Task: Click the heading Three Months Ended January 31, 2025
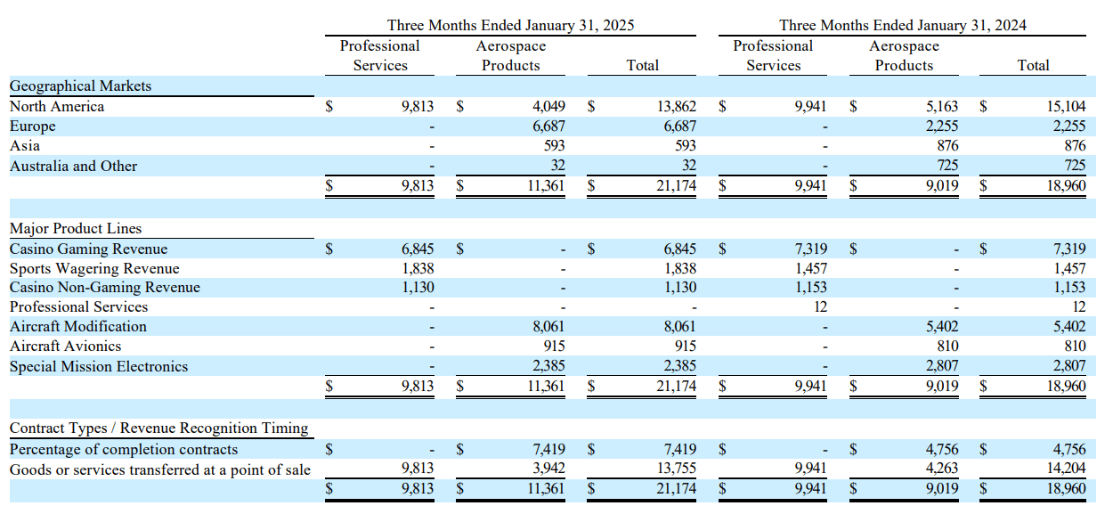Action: pos(510,25)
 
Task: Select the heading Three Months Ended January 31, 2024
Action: pos(902,25)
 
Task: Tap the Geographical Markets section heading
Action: pos(80,86)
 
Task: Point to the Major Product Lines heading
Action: pos(76,229)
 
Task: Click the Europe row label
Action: pos(32,126)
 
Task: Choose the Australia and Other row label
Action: pos(73,167)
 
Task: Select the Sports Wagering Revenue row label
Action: pos(94,269)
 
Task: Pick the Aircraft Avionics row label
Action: pos(65,347)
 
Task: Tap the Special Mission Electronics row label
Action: pos(99,366)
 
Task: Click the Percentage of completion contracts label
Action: pos(124,450)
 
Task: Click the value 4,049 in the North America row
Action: pos(548,107)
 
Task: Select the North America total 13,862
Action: pos(677,107)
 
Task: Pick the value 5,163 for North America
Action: pos(941,107)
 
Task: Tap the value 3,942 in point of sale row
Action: pos(548,469)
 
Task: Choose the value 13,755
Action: pos(677,469)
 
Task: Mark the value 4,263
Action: pos(941,469)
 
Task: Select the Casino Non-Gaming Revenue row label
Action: pos(105,288)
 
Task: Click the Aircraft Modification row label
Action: pos(78,327)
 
